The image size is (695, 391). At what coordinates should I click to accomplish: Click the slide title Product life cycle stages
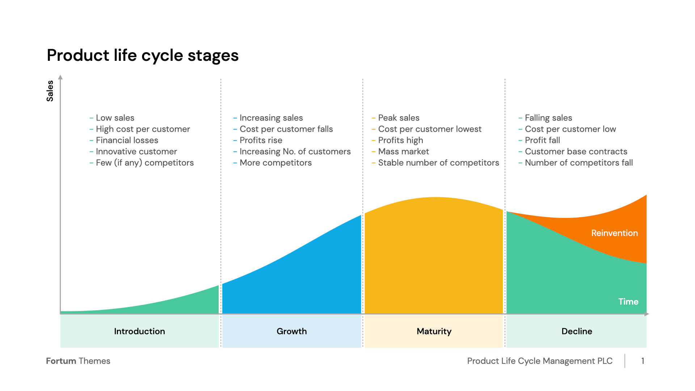pos(143,55)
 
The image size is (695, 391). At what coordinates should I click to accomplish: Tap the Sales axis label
pos(50,91)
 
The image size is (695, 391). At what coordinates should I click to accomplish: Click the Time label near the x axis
pos(628,302)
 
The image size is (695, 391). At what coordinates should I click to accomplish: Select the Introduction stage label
pos(139,331)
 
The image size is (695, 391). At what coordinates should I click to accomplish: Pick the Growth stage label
pos(291,331)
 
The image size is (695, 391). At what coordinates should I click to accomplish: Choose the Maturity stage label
pos(434,331)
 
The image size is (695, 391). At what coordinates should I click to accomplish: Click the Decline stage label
pos(577,331)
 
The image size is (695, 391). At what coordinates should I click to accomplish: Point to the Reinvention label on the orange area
pos(614,233)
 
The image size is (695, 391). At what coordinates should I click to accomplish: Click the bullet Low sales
pos(115,118)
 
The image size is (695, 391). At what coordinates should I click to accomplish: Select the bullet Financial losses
pos(127,140)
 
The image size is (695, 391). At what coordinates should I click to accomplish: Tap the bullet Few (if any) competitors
pos(144,163)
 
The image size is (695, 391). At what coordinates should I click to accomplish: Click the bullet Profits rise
pos(261,140)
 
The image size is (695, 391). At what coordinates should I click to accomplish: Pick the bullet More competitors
pos(275,163)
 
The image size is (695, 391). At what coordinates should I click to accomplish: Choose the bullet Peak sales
pos(399,118)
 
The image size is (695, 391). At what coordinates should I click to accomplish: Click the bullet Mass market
pos(403,152)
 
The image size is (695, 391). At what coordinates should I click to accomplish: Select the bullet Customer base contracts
pos(576,152)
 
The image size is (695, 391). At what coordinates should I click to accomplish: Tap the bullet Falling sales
pos(548,118)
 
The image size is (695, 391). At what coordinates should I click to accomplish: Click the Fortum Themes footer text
pos(78,361)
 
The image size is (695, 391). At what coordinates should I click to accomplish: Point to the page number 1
pos(643,361)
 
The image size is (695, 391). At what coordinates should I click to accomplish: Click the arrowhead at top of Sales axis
pos(60,77)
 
